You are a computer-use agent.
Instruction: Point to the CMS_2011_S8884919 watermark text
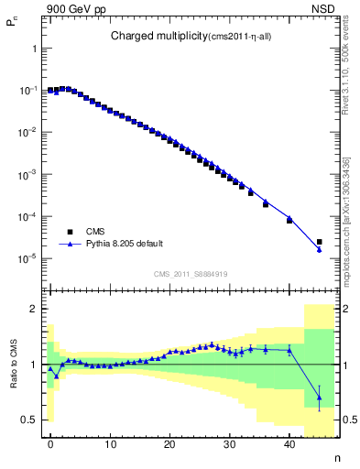click(x=190, y=274)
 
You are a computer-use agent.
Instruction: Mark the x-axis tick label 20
click(x=169, y=443)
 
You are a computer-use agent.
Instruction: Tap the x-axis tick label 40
click(x=289, y=443)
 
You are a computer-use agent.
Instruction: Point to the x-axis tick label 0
click(x=50, y=443)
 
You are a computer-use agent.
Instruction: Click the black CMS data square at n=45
click(x=319, y=243)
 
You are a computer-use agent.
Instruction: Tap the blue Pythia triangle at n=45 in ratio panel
click(x=319, y=397)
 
